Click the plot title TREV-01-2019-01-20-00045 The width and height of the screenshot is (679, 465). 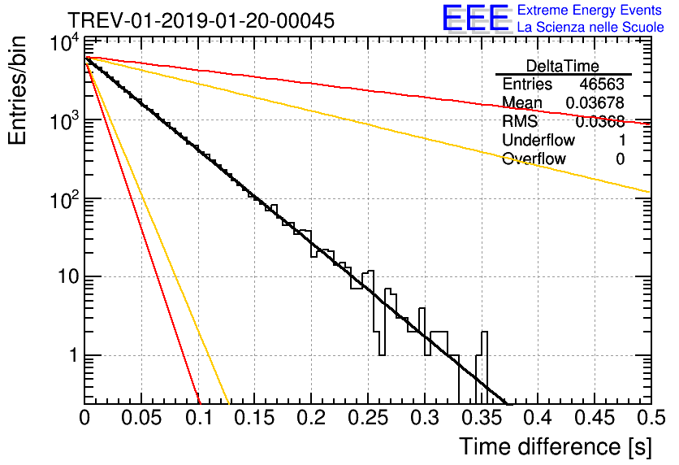point(200,21)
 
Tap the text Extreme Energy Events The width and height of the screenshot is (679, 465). point(590,11)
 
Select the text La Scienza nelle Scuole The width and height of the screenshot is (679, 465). point(590,27)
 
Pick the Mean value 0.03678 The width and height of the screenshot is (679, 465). point(596,102)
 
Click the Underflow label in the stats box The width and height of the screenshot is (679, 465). point(538,140)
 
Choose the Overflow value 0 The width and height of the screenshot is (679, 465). point(620,159)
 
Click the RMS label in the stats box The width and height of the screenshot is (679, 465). point(520,121)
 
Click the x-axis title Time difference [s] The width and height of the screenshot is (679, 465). point(554,445)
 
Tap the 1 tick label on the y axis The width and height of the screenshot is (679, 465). point(71,355)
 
